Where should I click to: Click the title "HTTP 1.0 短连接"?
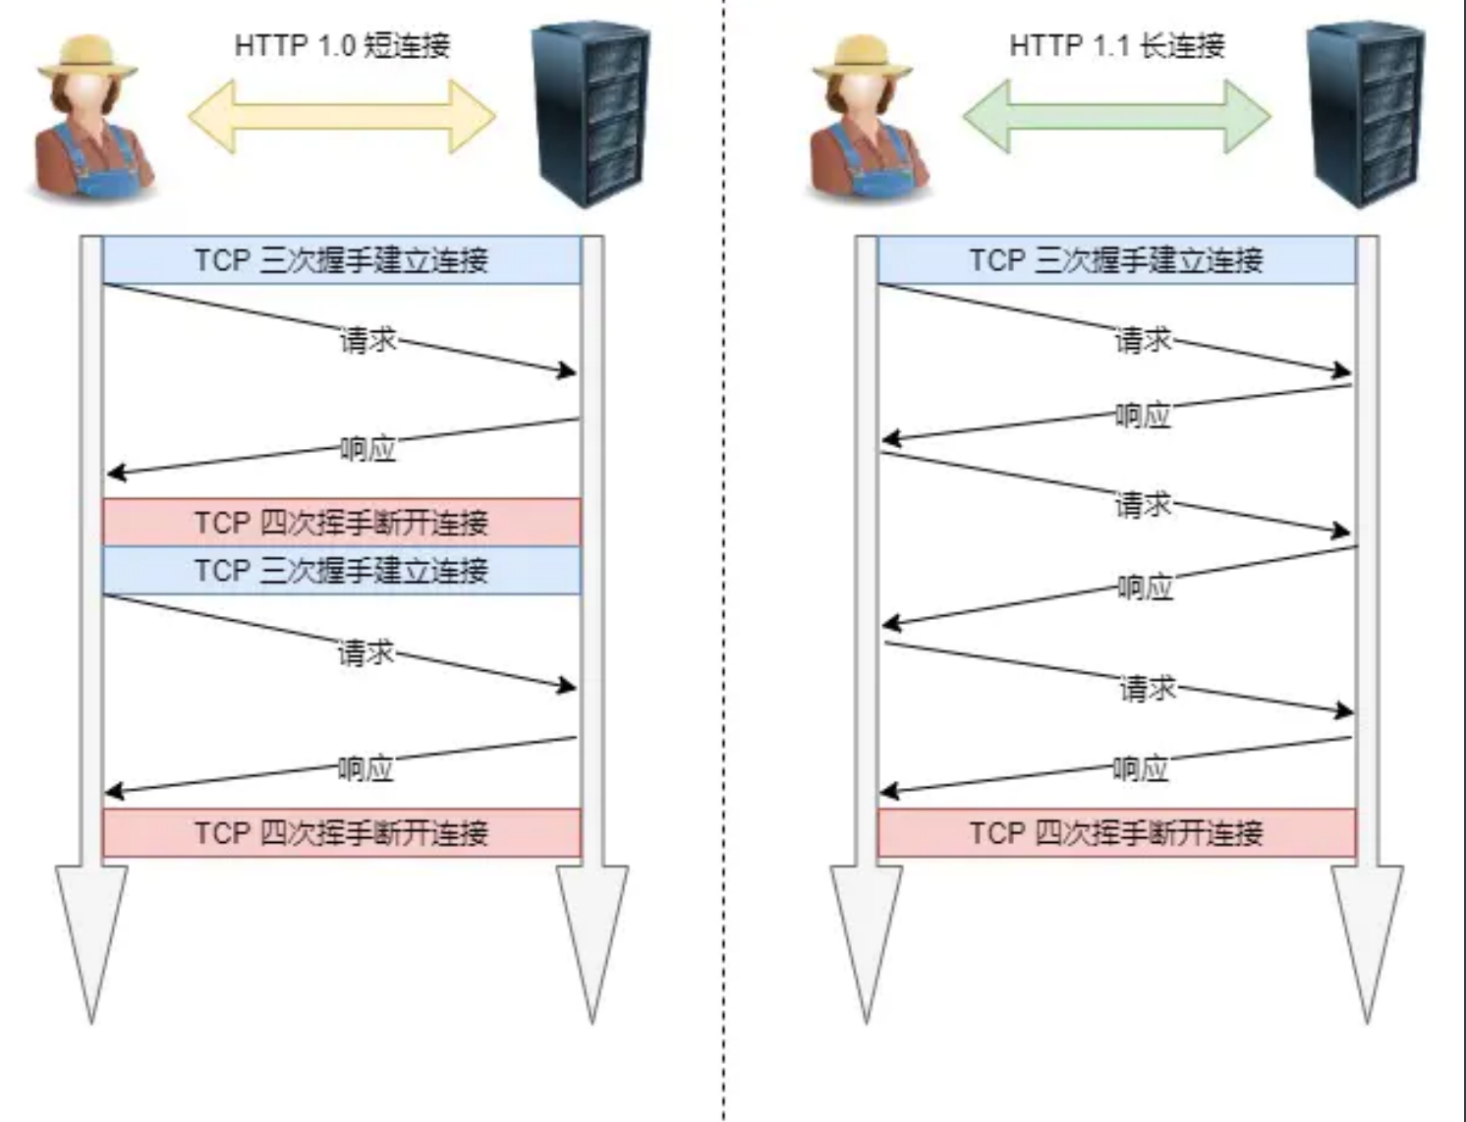pyautogui.click(x=342, y=45)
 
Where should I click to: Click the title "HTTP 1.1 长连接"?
pyautogui.click(x=1117, y=45)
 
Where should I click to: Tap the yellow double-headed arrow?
pyautogui.click(x=342, y=116)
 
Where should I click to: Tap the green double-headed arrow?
pyautogui.click(x=1116, y=116)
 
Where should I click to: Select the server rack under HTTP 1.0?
pyautogui.click(x=590, y=115)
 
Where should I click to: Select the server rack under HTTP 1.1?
pyautogui.click(x=1365, y=115)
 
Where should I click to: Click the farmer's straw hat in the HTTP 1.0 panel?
pyautogui.click(x=86, y=57)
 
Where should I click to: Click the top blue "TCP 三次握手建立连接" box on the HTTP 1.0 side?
pyautogui.click(x=341, y=260)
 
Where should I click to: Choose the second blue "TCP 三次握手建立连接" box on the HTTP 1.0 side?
pyautogui.click(x=341, y=571)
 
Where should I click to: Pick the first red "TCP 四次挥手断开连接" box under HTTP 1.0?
pyautogui.click(x=341, y=522)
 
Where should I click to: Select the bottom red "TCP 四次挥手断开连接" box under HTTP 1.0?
pyautogui.click(x=341, y=833)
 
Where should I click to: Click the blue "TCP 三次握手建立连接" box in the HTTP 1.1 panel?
pyautogui.click(x=1116, y=260)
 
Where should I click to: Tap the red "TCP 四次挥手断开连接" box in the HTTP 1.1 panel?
pyautogui.click(x=1116, y=833)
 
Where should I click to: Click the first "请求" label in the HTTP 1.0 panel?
pyautogui.click(x=367, y=340)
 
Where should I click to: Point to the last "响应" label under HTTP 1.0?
pyautogui.click(x=366, y=768)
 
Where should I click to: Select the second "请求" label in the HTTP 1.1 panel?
pyautogui.click(x=1143, y=505)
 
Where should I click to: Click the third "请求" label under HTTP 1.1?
pyautogui.click(x=1148, y=688)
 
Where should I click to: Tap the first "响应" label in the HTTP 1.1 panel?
pyautogui.click(x=1143, y=416)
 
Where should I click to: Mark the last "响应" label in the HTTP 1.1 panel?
pyautogui.click(x=1141, y=768)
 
